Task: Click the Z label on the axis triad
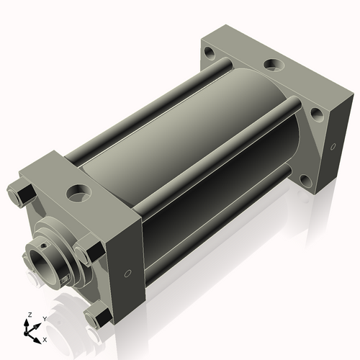(30, 315)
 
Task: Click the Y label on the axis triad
(45, 319)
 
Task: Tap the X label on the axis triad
(45, 340)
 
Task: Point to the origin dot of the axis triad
(26, 333)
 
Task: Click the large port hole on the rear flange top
(274, 65)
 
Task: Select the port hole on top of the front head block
(79, 193)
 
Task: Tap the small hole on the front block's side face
(128, 273)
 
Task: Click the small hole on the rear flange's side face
(333, 146)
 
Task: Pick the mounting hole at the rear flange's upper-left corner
(210, 53)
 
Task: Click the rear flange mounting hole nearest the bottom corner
(306, 181)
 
